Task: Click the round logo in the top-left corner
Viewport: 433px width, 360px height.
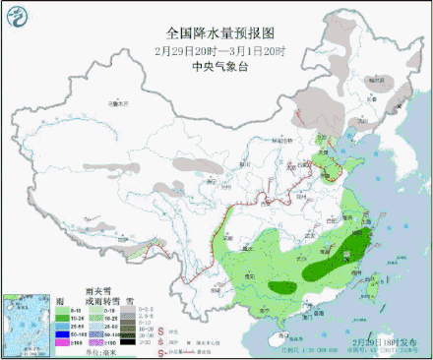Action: [17, 17]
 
